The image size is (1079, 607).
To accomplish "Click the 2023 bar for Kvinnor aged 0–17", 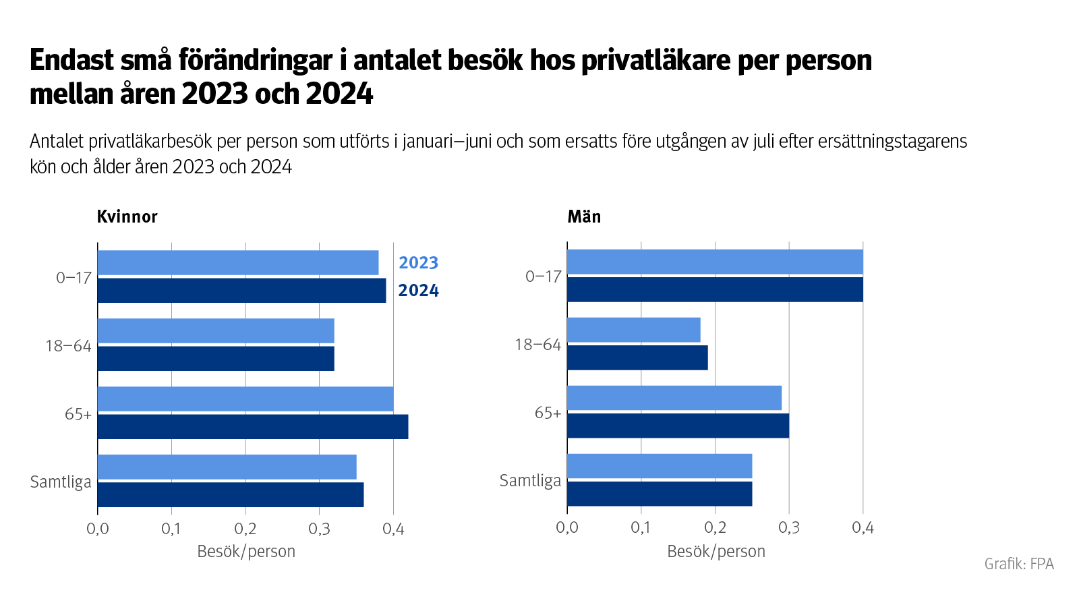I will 238,263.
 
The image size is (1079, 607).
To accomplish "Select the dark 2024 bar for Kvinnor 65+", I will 253,427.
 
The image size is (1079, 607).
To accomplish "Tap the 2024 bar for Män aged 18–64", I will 637,357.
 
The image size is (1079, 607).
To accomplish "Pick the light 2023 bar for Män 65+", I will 674,398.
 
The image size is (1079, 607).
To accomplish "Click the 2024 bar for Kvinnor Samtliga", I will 231,494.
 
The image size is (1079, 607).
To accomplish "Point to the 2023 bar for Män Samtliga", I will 660,466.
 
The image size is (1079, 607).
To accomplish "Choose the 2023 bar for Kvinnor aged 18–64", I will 216,331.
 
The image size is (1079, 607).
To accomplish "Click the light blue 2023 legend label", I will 418,263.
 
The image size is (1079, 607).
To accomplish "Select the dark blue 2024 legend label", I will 418,291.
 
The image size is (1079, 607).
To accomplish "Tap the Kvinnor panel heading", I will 127,216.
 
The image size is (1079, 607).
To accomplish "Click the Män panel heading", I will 584,216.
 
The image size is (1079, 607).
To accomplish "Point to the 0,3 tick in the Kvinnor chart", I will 319,529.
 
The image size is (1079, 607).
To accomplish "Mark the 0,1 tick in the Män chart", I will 641,527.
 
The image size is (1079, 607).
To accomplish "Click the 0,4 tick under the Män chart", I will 863,527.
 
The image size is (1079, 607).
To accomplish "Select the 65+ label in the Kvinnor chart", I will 78,414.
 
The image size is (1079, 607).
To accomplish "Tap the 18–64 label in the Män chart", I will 537,345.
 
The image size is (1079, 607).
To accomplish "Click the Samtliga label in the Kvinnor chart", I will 61,482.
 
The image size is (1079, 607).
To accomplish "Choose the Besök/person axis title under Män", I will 716,552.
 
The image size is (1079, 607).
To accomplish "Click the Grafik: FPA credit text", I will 1019,564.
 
